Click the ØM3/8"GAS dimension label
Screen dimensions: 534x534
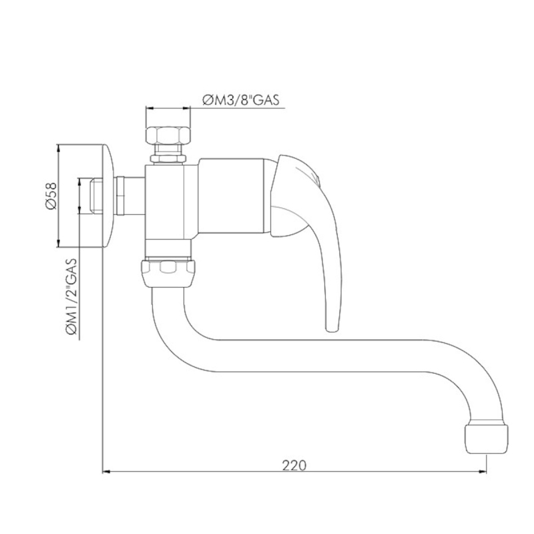pyautogui.click(x=240, y=100)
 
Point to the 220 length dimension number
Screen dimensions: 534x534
pyautogui.click(x=294, y=465)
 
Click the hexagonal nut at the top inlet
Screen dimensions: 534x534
pyautogui.click(x=168, y=136)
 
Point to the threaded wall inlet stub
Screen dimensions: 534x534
pyautogui.click(x=96, y=196)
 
